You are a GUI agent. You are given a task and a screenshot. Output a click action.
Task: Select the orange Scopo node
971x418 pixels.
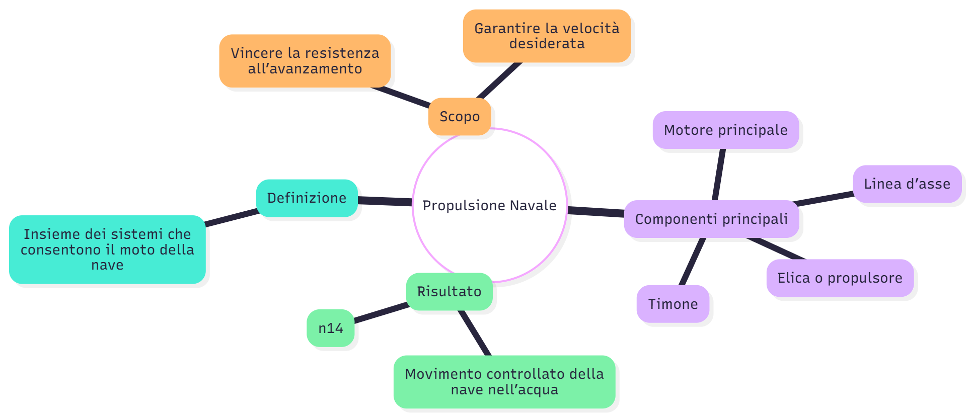click(459, 117)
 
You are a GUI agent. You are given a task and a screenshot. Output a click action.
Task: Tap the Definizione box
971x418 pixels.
click(307, 198)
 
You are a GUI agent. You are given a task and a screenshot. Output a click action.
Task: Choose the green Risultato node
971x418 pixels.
click(449, 292)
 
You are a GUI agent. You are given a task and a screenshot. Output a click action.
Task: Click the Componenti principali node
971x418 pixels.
click(711, 219)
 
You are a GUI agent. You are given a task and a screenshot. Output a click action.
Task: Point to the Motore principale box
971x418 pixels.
click(725, 130)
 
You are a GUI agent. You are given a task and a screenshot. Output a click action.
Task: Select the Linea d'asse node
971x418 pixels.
click(907, 184)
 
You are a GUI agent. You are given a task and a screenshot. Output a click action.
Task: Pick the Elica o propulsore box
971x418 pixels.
click(840, 278)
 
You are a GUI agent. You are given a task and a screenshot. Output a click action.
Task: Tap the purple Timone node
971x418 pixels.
click(673, 304)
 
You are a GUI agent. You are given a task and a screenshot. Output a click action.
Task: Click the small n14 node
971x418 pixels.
click(331, 328)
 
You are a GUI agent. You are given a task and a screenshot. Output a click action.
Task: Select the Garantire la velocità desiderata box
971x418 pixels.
click(547, 36)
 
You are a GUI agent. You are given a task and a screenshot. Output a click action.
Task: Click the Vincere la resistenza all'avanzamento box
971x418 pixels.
click(305, 61)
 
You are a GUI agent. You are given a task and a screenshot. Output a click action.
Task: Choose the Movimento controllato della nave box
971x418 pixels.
click(504, 382)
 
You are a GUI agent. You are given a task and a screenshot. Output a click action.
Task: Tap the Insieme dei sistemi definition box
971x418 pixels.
click(107, 249)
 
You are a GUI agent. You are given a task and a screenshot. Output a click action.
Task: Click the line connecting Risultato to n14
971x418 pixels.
click(381, 313)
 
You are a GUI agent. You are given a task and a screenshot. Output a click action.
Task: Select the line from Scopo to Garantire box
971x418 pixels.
click(499, 80)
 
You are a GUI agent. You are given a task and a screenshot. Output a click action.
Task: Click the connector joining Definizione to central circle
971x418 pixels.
click(385, 201)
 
